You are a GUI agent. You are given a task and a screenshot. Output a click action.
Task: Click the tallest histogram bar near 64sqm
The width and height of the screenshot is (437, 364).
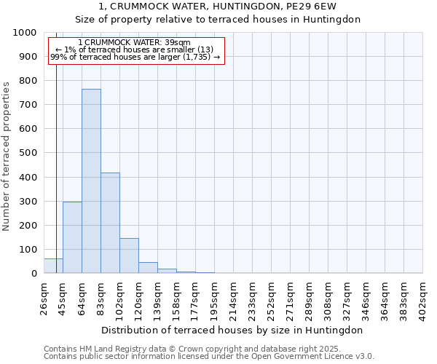91,181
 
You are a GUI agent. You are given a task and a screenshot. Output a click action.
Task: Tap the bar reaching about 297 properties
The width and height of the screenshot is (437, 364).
72,237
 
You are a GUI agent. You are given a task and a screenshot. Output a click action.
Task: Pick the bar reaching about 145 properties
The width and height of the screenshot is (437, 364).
129,256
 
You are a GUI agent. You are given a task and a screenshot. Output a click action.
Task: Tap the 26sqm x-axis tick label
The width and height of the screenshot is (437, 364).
44,295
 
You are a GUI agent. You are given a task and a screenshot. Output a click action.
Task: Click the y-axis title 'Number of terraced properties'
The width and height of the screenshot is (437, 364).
7,156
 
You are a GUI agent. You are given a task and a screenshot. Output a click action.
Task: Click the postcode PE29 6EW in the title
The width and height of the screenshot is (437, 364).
317,7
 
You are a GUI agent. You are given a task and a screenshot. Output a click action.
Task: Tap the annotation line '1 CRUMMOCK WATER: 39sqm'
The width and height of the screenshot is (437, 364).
134,43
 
